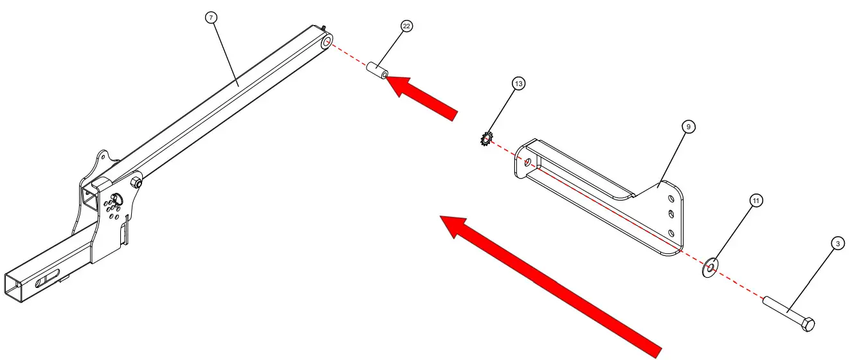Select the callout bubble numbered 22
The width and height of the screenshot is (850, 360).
pyautogui.click(x=406, y=26)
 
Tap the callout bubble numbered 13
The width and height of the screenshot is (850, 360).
pyautogui.click(x=518, y=84)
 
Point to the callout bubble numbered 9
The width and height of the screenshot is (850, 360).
pyautogui.click(x=688, y=127)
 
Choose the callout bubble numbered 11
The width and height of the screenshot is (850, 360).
pyautogui.click(x=756, y=201)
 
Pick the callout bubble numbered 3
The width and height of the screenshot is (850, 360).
pyautogui.click(x=837, y=243)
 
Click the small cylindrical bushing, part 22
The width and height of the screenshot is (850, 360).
pyautogui.click(x=377, y=71)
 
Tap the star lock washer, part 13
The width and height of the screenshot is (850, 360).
pyautogui.click(x=486, y=138)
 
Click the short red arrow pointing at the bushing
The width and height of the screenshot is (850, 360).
pyautogui.click(x=424, y=96)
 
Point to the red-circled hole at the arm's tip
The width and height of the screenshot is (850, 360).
pyautogui.click(x=327, y=42)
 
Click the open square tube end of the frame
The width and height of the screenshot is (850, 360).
pyautogui.click(x=17, y=289)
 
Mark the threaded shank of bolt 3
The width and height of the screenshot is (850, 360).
pyautogui.click(x=781, y=310)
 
